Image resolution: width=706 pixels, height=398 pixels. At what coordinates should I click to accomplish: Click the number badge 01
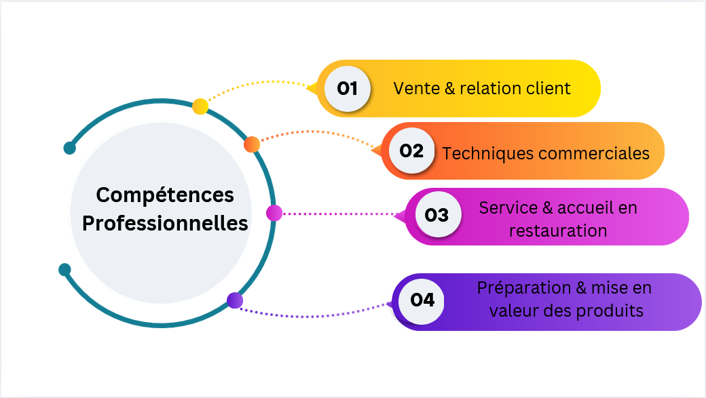pos(348,88)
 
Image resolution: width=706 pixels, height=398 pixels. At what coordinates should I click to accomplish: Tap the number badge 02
pos(411,151)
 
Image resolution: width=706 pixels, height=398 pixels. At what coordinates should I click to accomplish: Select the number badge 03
pos(436,215)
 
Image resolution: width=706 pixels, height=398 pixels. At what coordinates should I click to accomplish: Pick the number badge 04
pos(422,299)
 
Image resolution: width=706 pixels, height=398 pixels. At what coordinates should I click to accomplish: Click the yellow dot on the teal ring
pos(200,106)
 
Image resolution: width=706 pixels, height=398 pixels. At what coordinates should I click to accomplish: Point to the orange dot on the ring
pos(252,144)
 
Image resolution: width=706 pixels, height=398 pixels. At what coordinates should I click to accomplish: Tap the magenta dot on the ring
pos(274,213)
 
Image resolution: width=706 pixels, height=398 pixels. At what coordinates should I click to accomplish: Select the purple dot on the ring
pos(235,300)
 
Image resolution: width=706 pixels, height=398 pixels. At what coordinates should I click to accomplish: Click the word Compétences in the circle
pos(165,195)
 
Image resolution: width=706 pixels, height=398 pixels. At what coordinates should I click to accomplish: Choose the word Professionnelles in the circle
pos(165,223)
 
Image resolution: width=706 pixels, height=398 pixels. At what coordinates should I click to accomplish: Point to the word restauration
pos(558,231)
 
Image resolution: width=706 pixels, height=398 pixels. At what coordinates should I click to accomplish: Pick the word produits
pos(610,311)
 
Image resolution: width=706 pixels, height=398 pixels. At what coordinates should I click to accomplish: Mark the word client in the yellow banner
pos(549,88)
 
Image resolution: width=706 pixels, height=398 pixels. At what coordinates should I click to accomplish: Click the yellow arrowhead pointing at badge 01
pos(312,88)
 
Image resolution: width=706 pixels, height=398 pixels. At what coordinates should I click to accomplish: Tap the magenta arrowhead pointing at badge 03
pos(400,216)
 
